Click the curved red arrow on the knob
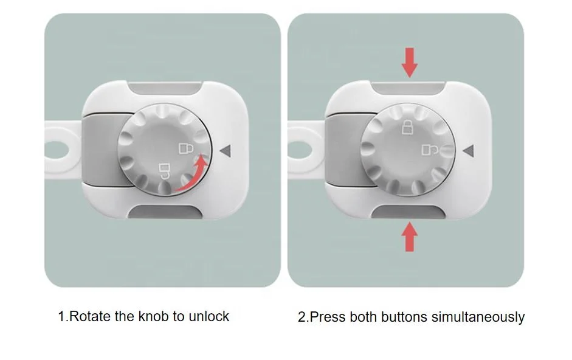191,177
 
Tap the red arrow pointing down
410,63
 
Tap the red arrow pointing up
410,237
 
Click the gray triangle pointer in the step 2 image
468,150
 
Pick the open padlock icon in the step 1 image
164,168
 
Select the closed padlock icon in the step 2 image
406,128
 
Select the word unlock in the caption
209,316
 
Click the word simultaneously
478,317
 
